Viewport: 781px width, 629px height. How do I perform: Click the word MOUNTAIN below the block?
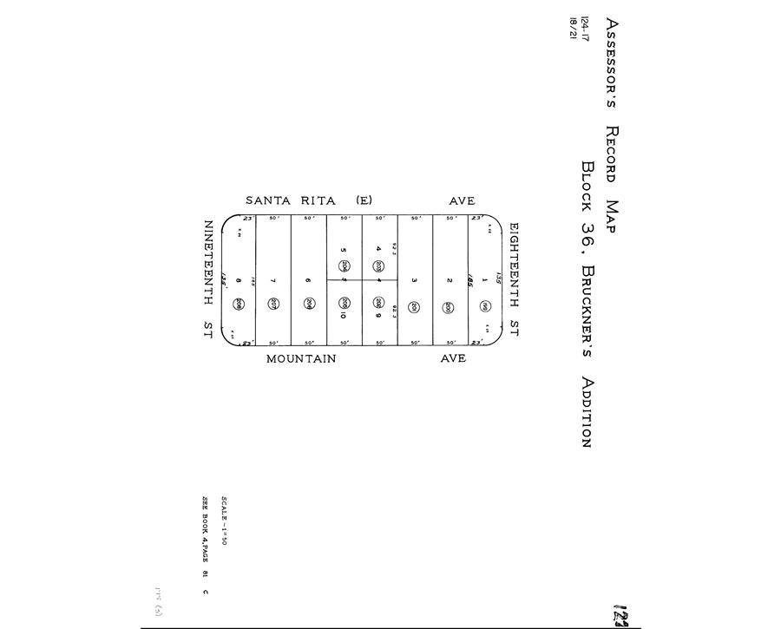(300, 358)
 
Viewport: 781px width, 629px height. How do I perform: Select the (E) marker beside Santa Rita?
(363, 200)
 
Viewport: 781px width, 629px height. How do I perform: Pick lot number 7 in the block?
(272, 280)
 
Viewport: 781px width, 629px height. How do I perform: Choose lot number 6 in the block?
(308, 280)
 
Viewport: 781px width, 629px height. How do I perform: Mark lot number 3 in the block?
(414, 280)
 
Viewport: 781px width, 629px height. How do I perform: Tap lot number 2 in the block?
(450, 280)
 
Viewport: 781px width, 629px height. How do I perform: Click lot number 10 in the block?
(344, 315)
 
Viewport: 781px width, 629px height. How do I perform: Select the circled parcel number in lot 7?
(273, 304)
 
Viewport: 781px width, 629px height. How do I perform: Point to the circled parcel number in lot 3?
(415, 306)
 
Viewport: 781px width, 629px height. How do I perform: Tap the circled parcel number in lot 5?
(345, 265)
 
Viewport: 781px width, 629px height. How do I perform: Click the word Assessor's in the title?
(612, 65)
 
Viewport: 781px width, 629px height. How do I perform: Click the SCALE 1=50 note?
(223, 521)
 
